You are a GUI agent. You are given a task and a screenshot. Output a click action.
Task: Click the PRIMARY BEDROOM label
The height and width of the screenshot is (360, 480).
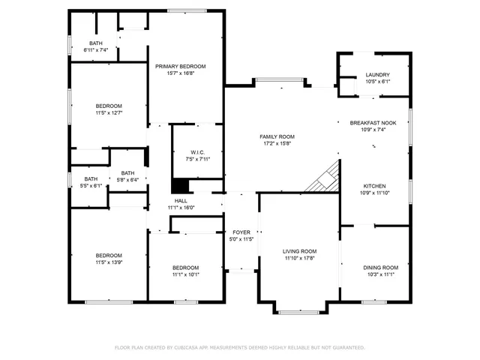pyautogui.click(x=181, y=66)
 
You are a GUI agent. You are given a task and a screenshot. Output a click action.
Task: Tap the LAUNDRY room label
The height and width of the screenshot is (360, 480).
pyautogui.click(x=377, y=74)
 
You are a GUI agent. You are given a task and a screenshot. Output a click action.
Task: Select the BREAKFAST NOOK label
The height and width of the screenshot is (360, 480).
pyautogui.click(x=373, y=122)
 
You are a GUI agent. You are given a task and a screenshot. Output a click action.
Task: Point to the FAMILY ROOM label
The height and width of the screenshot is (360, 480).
pyautogui.click(x=277, y=136)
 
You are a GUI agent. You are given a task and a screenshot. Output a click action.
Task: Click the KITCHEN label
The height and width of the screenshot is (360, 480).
pyautogui.click(x=374, y=185)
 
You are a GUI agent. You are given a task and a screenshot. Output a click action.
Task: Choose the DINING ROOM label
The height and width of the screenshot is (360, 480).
pyautogui.click(x=380, y=267)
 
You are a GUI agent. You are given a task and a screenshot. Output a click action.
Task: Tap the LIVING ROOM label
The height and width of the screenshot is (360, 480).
pyautogui.click(x=299, y=251)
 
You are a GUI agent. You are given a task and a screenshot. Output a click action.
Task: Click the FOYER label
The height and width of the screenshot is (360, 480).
pyautogui.click(x=241, y=232)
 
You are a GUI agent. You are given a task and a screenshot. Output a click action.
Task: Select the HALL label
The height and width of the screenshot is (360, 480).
pyautogui.click(x=181, y=200)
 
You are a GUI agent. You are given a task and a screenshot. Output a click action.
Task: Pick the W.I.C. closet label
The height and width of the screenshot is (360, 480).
pyautogui.click(x=198, y=151)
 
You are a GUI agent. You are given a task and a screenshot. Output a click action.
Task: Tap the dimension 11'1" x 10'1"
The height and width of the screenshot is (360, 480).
pyautogui.click(x=185, y=274)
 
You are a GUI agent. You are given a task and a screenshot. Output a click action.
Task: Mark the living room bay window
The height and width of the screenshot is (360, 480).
pyautogui.click(x=299, y=309)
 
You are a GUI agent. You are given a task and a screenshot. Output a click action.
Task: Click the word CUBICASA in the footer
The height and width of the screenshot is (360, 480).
pyautogui.click(x=193, y=348)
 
